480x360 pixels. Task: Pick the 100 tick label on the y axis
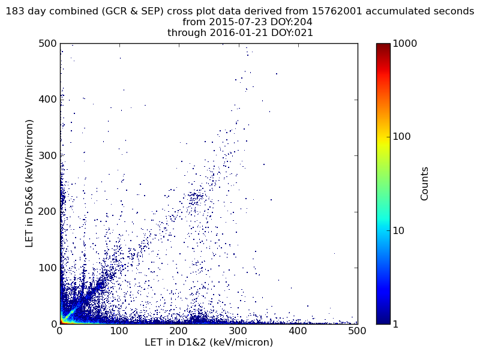(x=47, y=268)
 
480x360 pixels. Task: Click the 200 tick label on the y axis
(x=47, y=212)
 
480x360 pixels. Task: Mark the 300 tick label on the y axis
(x=47, y=155)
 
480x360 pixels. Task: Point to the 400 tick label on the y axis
(x=47, y=100)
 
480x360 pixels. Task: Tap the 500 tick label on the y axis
(x=47, y=44)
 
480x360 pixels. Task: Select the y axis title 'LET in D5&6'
(x=29, y=183)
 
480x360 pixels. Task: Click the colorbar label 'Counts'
(x=425, y=184)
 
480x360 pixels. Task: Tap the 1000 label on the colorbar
(x=406, y=44)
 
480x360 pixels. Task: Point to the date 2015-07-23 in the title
(x=232, y=22)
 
